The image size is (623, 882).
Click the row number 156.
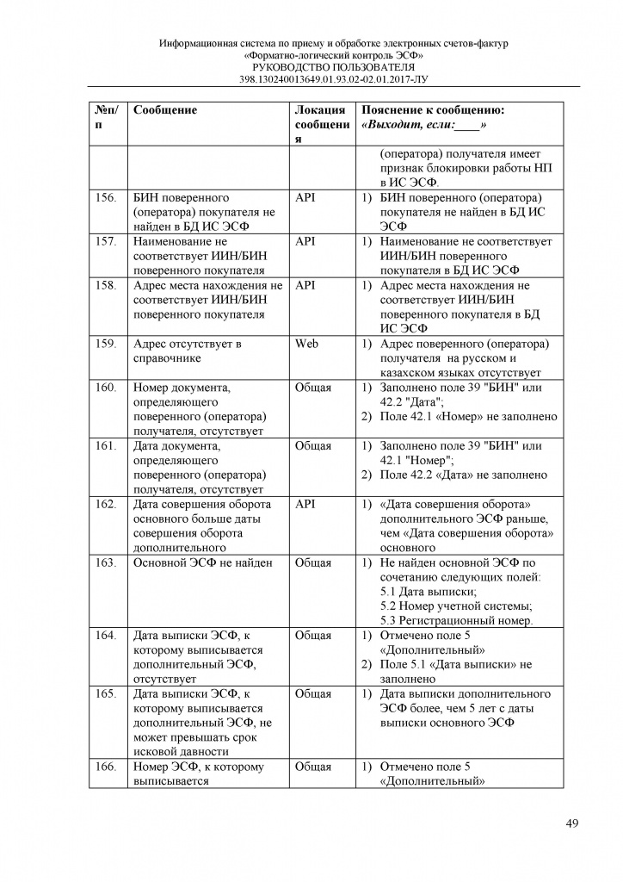click(106, 197)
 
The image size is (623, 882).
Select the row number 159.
click(106, 343)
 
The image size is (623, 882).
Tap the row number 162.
click(106, 504)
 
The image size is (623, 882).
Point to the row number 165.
click(106, 693)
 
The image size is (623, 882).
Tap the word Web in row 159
click(306, 343)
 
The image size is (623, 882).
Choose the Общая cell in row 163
click(312, 563)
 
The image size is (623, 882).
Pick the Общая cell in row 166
click(312, 767)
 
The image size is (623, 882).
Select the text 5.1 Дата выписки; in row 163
click(427, 592)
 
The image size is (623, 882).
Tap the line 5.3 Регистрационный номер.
click(456, 621)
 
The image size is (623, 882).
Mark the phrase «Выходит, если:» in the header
click(424, 125)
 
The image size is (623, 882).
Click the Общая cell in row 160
click(312, 387)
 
